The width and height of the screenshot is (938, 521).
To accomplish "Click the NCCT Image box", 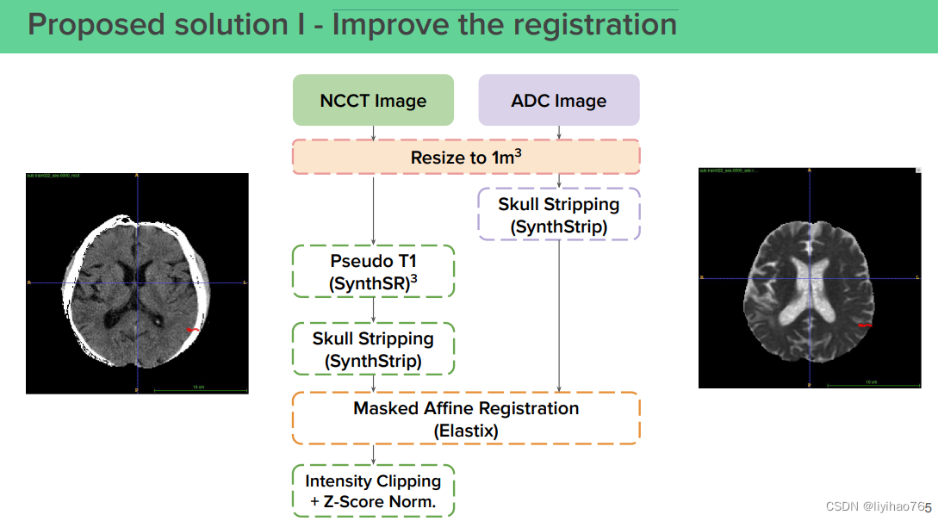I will coord(373,101).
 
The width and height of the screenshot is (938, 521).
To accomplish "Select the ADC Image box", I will coord(558,101).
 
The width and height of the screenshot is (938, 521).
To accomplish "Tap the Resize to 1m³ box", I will coord(466,158).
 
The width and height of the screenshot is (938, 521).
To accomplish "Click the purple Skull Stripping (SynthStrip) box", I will coord(558,214).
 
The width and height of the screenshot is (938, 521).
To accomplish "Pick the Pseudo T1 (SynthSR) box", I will coord(373,271).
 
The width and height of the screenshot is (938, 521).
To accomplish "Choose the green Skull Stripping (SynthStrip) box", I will coord(373,349).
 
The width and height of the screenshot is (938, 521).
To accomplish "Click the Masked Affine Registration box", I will coord(466,419).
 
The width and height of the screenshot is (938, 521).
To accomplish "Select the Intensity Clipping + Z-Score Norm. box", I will coord(373,491).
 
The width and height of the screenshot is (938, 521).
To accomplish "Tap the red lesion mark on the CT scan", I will coord(194,330).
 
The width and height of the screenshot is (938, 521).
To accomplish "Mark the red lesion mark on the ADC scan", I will coord(864,326).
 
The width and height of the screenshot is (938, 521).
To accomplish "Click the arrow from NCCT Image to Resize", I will coord(373,133).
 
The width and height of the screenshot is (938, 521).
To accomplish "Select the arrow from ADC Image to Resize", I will coord(560,133).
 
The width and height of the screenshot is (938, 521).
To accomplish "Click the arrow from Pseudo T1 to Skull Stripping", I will coord(373,310).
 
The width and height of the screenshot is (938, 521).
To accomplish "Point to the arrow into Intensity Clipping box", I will coord(373,455).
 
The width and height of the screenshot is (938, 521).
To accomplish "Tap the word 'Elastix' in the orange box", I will coord(466,431).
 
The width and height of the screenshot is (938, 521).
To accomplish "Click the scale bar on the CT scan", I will coord(198,389).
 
